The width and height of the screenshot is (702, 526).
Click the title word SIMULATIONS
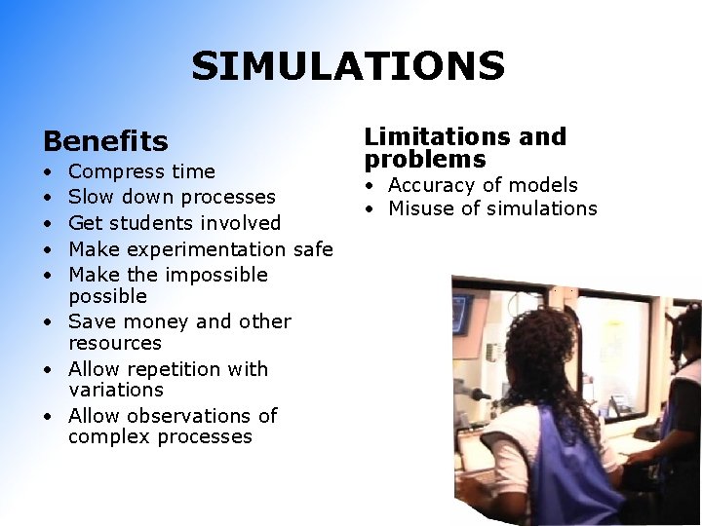(x=348, y=66)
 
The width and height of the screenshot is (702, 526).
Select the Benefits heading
(x=105, y=142)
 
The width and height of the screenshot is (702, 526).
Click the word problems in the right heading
(x=425, y=160)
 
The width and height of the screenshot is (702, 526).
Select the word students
(x=151, y=223)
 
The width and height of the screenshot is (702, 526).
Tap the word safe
(x=313, y=248)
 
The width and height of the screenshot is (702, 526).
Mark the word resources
(x=115, y=343)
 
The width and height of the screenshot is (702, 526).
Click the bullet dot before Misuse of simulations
(x=372, y=208)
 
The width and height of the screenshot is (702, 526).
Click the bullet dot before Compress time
(x=48, y=172)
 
